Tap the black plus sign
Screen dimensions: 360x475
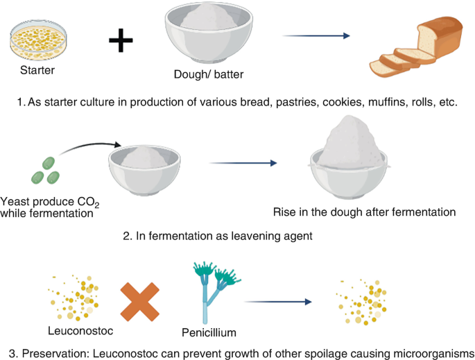(121, 41)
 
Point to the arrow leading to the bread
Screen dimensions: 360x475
(315, 35)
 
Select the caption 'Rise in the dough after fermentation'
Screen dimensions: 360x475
(364, 212)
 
